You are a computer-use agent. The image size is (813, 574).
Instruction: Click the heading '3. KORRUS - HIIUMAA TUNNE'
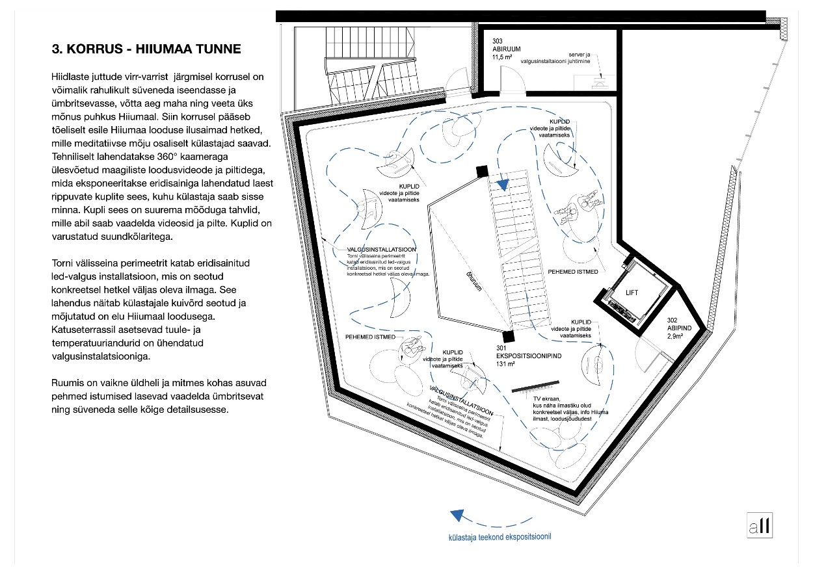click(146, 49)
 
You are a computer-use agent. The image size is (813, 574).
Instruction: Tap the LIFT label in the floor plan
click(631, 293)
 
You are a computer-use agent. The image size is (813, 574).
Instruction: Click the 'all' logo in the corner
click(760, 525)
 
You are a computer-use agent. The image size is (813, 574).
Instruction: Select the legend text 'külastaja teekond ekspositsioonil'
click(500, 537)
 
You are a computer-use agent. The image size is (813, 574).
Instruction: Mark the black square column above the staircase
click(482, 171)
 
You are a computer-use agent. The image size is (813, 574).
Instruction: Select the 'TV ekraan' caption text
click(563, 409)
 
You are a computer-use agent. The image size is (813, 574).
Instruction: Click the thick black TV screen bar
click(533, 389)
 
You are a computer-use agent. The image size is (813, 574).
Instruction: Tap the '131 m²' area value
click(505, 365)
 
